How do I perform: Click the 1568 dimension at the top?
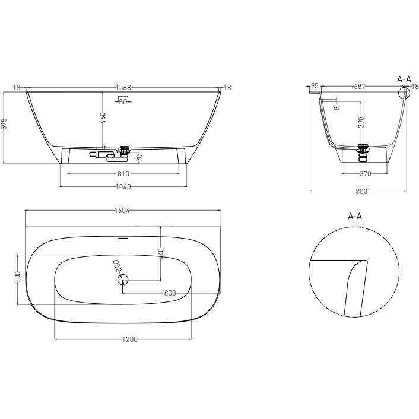[x=123, y=88]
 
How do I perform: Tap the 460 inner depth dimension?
[x=103, y=119]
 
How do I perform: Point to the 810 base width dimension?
[x=123, y=174]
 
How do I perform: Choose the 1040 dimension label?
[x=123, y=186]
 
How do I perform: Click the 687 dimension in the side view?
[x=358, y=87]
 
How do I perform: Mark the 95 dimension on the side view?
[x=314, y=87]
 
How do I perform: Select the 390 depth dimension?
[x=361, y=122]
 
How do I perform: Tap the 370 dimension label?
[x=365, y=174]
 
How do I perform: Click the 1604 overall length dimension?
[x=123, y=210]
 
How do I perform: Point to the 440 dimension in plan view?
[x=161, y=257]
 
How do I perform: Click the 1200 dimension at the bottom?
[x=130, y=339]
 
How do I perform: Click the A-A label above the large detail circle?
[x=355, y=217]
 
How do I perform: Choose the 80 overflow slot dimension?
[x=123, y=101]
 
